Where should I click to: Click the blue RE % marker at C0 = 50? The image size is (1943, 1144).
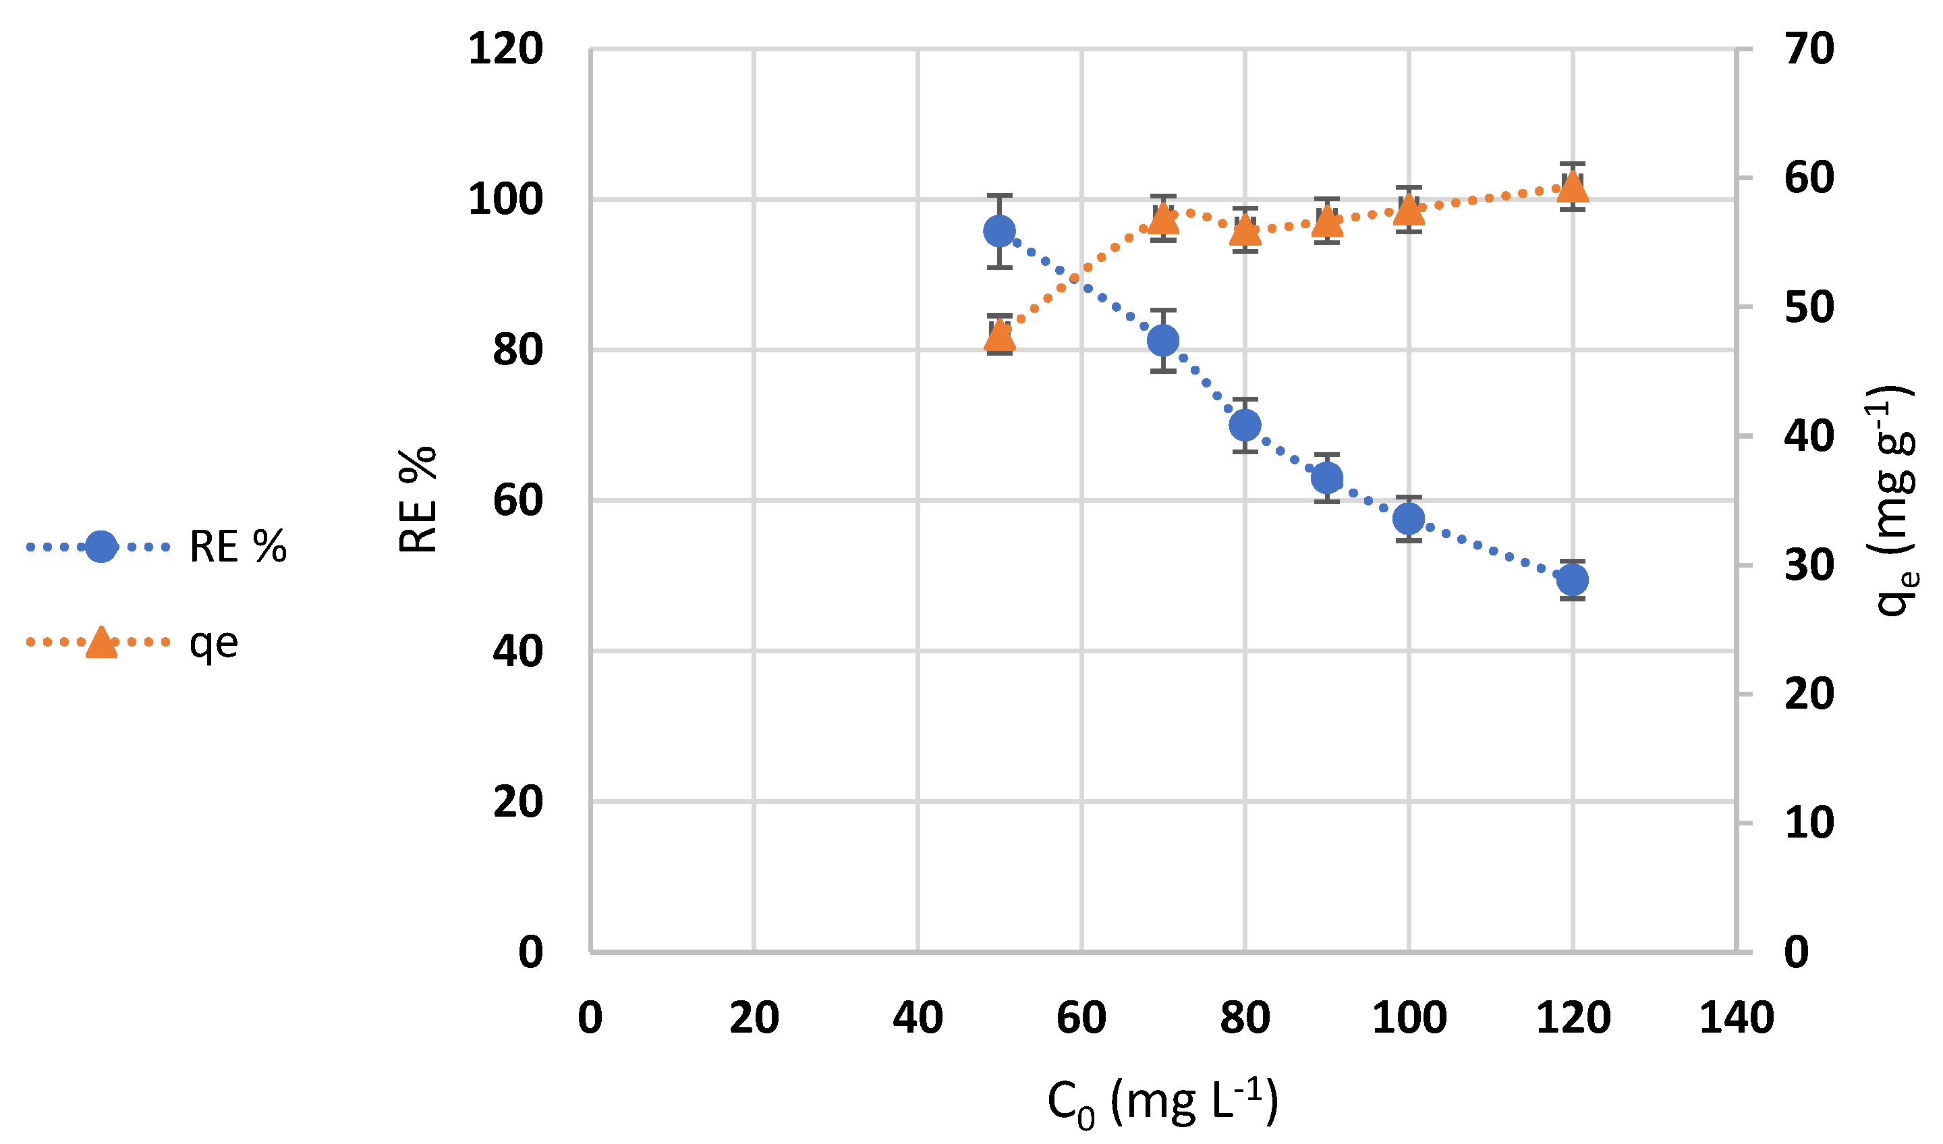[x=999, y=231]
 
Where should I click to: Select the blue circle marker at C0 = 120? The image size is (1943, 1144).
[x=1573, y=579]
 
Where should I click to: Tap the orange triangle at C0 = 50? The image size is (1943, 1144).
[x=999, y=335]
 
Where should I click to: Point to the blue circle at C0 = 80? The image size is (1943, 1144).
[x=1245, y=425]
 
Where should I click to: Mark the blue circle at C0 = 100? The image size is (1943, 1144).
[x=1409, y=518]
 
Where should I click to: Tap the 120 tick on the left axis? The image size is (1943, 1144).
[x=505, y=49]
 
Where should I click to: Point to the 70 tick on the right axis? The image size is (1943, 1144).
[x=1808, y=49]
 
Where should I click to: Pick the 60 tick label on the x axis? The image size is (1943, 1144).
[x=1081, y=1018]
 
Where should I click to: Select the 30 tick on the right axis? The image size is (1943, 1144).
[x=1808, y=566]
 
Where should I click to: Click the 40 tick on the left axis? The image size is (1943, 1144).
[x=517, y=652]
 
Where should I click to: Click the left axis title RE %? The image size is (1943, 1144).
[x=418, y=500]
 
